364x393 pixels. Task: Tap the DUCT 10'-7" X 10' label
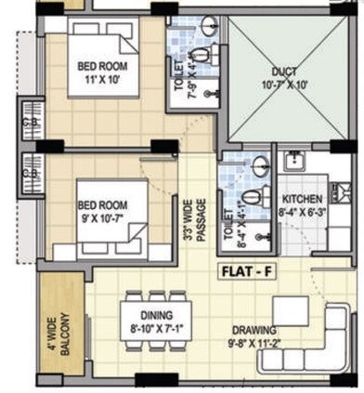pyautogui.click(x=284, y=77)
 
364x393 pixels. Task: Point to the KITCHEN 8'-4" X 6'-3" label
pyautogui.click(x=302, y=205)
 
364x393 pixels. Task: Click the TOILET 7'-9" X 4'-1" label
pyautogui.click(x=184, y=77)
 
